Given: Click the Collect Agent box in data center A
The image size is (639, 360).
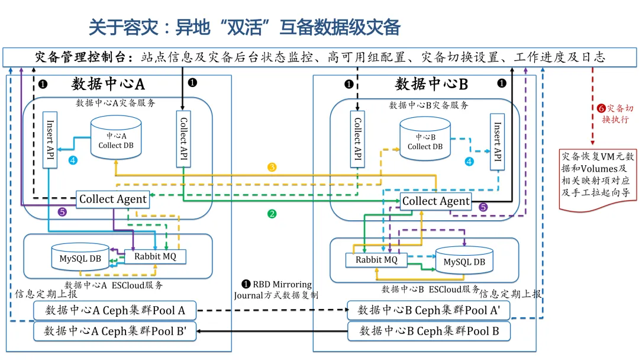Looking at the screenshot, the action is pyautogui.click(x=113, y=199).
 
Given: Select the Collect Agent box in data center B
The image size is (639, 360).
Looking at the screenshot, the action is pyautogui.click(x=435, y=201).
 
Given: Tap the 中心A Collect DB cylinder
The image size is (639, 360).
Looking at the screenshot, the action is pyautogui.click(x=116, y=137).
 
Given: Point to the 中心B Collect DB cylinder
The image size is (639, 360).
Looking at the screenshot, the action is pyautogui.click(x=425, y=139).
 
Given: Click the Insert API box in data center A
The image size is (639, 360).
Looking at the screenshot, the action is pyautogui.click(x=50, y=140).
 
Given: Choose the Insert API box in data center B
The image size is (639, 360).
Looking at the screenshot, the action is pyautogui.click(x=497, y=142).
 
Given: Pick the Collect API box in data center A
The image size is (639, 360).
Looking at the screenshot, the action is pyautogui.click(x=183, y=139).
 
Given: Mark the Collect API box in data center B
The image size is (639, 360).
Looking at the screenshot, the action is pyautogui.click(x=357, y=139).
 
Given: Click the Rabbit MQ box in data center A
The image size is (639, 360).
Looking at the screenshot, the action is pyautogui.click(x=155, y=256).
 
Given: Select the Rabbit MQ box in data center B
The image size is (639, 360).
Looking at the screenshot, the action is pyautogui.click(x=376, y=260).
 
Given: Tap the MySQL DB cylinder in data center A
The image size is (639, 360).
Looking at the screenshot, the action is pyautogui.click(x=80, y=257).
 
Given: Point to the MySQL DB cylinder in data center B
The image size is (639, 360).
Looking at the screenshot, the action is pyautogui.click(x=464, y=261).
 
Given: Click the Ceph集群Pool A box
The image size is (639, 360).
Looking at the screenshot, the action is pyautogui.click(x=115, y=311).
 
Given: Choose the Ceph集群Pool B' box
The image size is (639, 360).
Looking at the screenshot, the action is pyautogui.click(x=115, y=331).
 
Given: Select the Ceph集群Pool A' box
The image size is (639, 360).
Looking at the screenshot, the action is pyautogui.click(x=429, y=311).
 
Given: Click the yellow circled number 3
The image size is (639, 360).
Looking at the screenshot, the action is pyautogui.click(x=272, y=167).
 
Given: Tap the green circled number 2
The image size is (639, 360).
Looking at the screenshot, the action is pyautogui.click(x=272, y=214).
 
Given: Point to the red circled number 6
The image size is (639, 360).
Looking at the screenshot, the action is pyautogui.click(x=601, y=108).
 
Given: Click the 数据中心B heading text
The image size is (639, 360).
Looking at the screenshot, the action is pyautogui.click(x=431, y=84).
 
